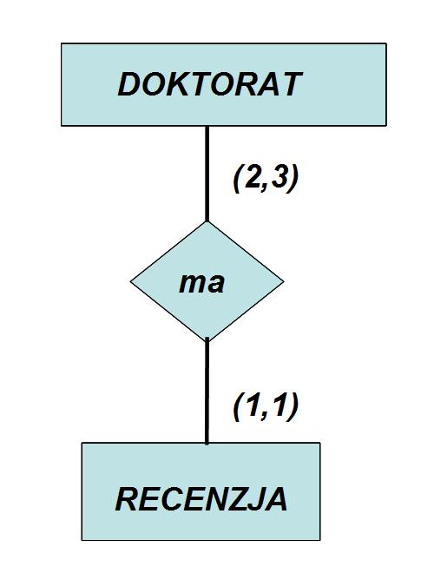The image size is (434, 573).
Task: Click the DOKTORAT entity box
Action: (x=224, y=84)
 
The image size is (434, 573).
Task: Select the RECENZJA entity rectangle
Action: (x=201, y=491)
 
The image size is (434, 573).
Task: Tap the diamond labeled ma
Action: (x=207, y=281)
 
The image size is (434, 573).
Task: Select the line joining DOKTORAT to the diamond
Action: (x=207, y=174)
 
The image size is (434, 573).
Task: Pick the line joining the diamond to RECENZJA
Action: (x=207, y=391)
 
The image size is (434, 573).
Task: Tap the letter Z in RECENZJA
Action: (x=233, y=499)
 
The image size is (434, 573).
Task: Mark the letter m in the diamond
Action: (x=192, y=284)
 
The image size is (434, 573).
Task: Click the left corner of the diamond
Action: (x=130, y=281)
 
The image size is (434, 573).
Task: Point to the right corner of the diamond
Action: (x=284, y=281)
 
